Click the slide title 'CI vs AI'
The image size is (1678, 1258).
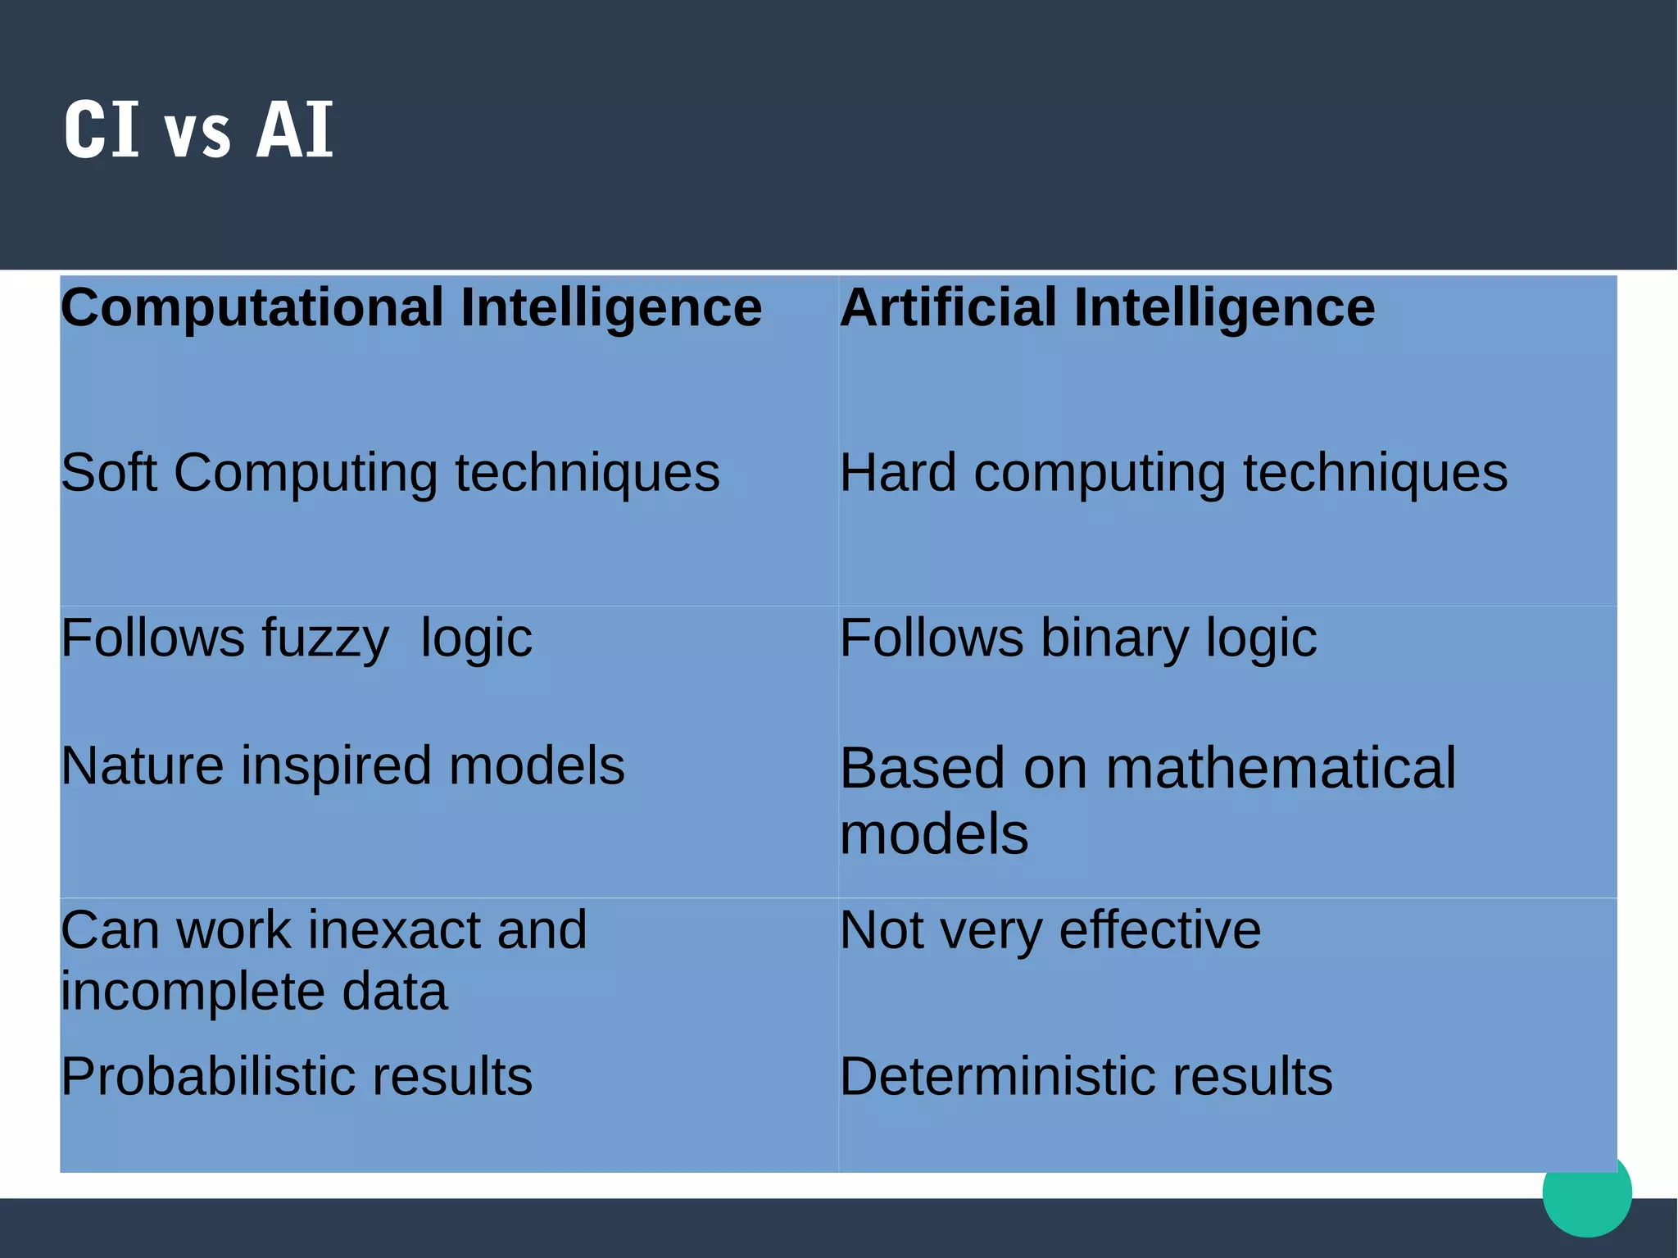point(198,129)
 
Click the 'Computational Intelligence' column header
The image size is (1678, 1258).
point(411,308)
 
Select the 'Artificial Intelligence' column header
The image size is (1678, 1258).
point(1108,308)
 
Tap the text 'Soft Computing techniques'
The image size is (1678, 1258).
point(390,474)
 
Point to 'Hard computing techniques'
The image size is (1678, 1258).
point(1173,474)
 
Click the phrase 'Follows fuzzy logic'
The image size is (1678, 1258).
point(297,638)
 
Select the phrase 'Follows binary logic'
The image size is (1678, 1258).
point(1078,638)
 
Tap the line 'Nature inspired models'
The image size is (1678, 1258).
point(342,766)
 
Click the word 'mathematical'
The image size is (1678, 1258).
point(1281,769)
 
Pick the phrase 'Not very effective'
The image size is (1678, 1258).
point(1050,931)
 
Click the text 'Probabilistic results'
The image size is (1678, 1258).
point(297,1076)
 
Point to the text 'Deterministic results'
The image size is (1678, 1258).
point(1086,1076)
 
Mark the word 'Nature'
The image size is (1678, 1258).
point(143,766)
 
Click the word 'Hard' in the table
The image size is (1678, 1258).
point(899,474)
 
